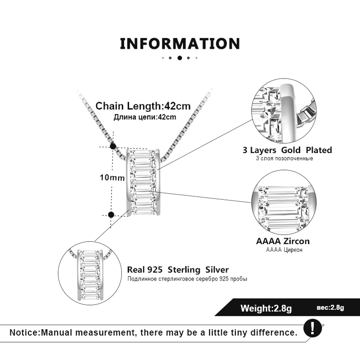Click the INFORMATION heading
tap(180, 44)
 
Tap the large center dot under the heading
tap(180, 58)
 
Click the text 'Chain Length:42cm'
tap(143, 106)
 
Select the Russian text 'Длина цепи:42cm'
tap(145, 117)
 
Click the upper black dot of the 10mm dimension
tap(113, 146)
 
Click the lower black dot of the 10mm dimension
tap(111, 214)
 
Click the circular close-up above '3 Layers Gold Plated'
tap(284, 111)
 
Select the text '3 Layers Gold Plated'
tap(287, 150)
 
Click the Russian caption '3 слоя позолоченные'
tap(284, 159)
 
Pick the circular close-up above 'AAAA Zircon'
tap(284, 202)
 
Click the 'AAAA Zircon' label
tap(283, 241)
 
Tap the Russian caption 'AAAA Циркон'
tap(284, 250)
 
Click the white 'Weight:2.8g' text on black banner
tap(266, 308)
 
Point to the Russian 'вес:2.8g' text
tap(330, 308)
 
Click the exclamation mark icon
tap(314, 328)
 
